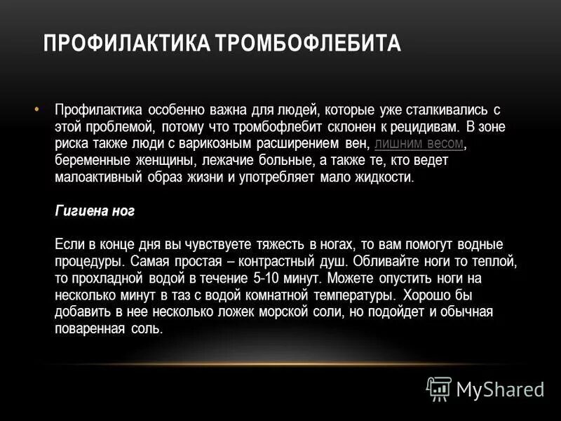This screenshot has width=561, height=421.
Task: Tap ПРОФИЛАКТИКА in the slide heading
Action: [128, 44]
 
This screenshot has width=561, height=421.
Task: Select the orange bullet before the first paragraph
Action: [36, 109]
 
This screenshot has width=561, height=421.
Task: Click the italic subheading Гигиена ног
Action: [94, 210]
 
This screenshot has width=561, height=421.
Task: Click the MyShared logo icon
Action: [439, 388]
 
